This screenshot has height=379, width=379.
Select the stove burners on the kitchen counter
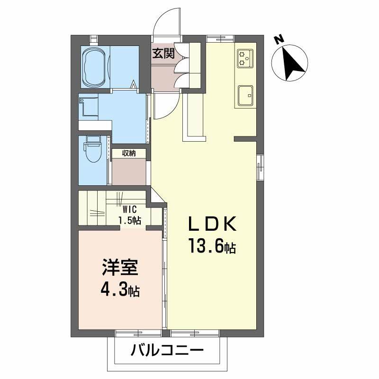[x=244, y=58]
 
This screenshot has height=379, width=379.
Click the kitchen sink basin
[x=245, y=96]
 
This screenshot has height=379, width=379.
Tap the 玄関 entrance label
[x=162, y=53]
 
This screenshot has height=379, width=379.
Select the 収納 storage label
[x=129, y=153]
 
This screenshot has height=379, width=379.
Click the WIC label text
[x=129, y=209]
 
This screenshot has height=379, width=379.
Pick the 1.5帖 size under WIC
[x=129, y=220]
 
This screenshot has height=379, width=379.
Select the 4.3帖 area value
[x=119, y=290]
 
